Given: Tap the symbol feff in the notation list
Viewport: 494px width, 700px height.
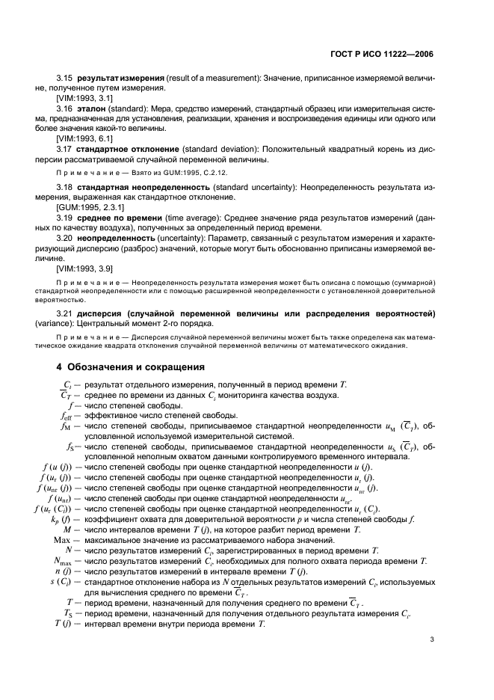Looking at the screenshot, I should (x=65, y=415).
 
